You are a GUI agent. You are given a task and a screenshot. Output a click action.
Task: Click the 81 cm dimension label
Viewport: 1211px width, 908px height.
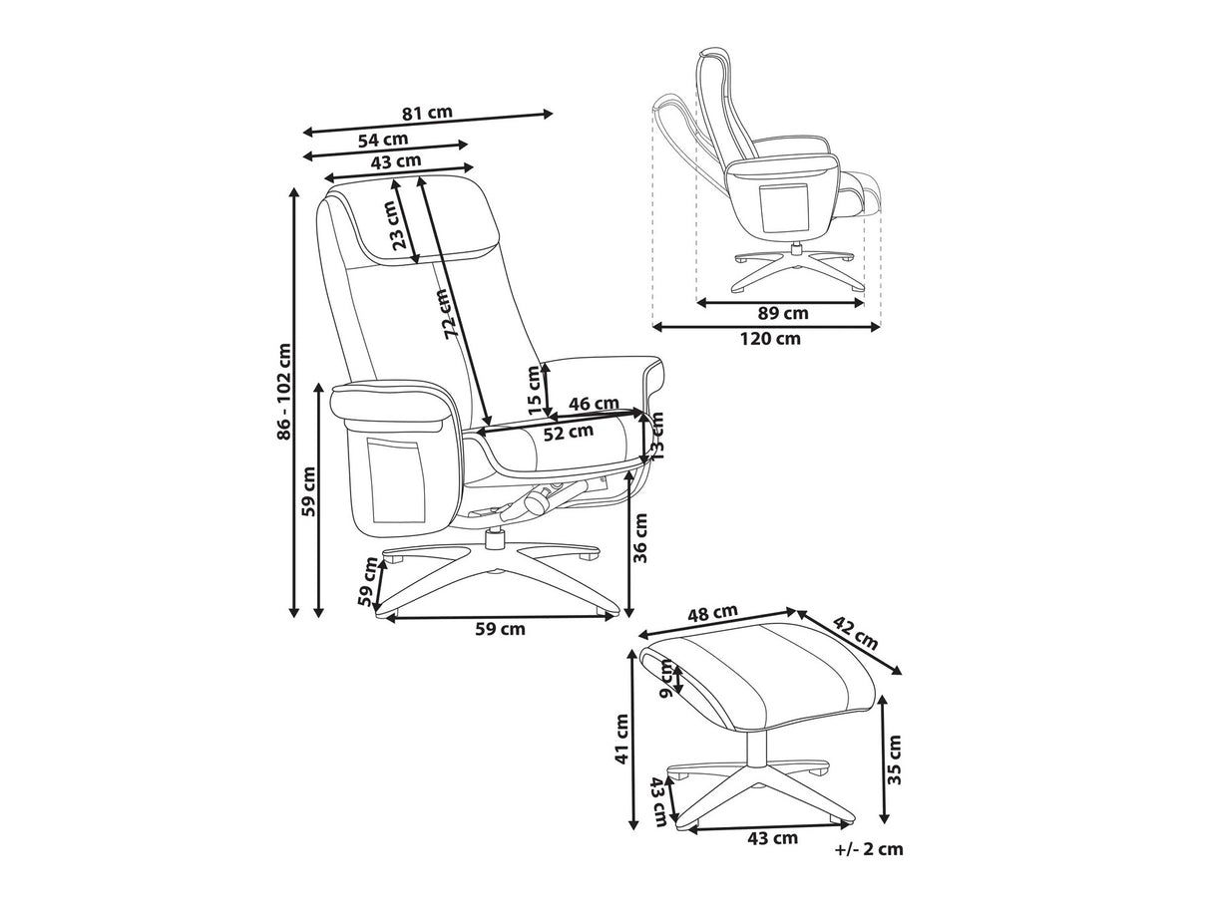point(427,112)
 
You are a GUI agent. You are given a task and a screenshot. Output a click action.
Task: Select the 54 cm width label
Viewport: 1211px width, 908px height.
point(383,140)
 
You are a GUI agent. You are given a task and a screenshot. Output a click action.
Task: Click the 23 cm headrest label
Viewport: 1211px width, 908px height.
point(401,226)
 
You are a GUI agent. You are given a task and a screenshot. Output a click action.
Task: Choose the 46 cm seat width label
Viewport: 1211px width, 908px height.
point(594,404)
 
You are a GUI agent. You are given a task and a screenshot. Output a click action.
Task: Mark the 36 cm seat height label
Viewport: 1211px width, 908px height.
point(640,537)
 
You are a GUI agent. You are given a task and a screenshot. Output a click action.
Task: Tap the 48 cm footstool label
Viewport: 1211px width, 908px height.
point(711,613)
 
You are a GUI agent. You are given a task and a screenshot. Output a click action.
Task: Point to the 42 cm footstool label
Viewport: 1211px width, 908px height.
point(854,633)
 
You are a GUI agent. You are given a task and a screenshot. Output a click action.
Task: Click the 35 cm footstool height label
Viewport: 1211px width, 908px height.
point(894,759)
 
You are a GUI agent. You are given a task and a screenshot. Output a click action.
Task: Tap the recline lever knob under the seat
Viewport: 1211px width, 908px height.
point(534,500)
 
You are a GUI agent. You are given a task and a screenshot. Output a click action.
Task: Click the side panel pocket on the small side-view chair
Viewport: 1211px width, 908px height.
point(783,209)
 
